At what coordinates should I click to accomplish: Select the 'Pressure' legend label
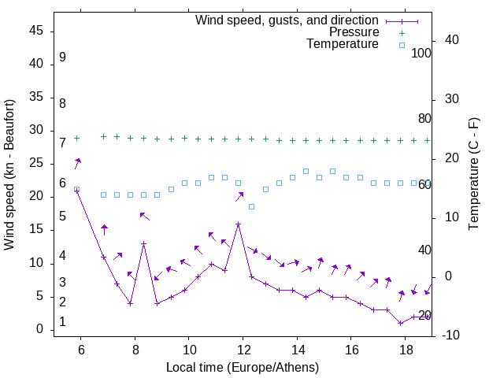click(354, 32)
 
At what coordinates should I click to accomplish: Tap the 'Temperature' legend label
click(343, 44)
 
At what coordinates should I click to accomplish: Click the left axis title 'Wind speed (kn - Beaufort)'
click(9, 175)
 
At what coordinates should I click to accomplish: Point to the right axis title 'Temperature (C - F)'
click(473, 175)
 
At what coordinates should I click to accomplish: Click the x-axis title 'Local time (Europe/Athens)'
click(243, 368)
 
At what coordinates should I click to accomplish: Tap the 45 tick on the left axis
click(36, 31)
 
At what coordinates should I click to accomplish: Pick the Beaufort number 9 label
click(62, 57)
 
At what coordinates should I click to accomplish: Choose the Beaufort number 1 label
click(62, 322)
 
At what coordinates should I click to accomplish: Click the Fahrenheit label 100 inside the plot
click(421, 54)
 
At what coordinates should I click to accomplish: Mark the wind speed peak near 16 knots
click(238, 224)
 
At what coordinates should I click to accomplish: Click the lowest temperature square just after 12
click(251, 206)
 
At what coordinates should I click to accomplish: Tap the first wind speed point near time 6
click(76, 191)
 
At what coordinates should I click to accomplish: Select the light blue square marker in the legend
click(402, 45)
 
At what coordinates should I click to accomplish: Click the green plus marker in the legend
click(402, 33)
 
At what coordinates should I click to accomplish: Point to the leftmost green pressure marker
click(76, 138)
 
